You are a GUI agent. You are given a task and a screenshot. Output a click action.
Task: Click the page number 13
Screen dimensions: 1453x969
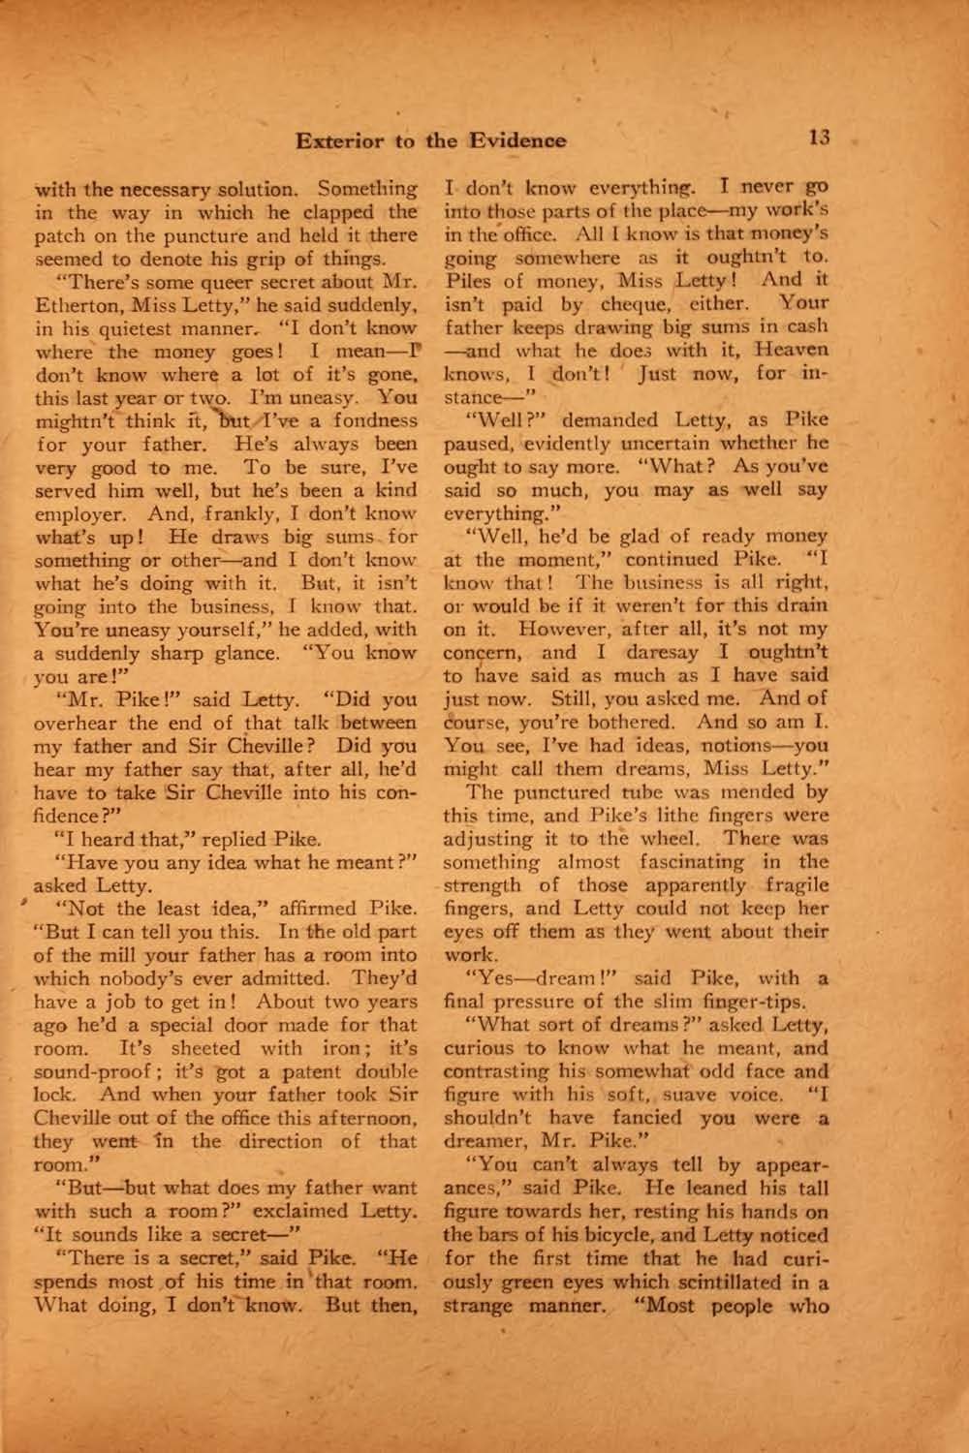pos(819,139)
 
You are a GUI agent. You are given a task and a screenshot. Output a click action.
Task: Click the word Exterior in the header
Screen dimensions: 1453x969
pos(341,141)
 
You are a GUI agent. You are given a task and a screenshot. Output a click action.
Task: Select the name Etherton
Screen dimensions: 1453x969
pos(76,305)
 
